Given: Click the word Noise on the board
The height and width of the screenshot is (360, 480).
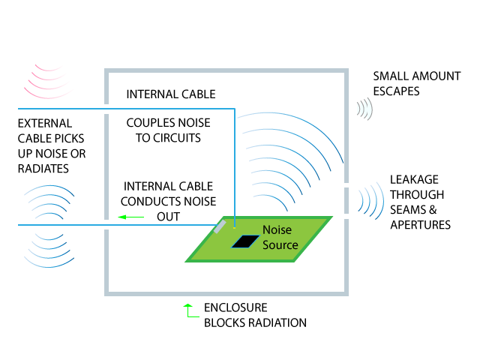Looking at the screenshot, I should (x=277, y=230).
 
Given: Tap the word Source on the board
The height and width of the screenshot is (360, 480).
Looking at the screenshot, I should (x=280, y=245).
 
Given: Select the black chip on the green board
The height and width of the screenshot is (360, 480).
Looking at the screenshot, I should (x=244, y=241).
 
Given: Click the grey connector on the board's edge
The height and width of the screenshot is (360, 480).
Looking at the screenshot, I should (x=220, y=226).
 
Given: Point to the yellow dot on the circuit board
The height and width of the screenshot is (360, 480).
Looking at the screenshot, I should (x=234, y=227).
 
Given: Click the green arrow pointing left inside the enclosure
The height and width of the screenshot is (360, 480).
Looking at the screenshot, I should (x=130, y=217).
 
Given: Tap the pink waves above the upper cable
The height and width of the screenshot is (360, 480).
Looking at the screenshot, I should (x=49, y=82).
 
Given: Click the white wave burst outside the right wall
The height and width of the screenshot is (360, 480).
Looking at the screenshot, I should (x=364, y=109).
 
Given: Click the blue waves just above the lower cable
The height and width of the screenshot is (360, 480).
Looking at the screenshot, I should (x=49, y=202).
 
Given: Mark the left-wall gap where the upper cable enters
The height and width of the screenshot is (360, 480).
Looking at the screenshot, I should (x=106, y=109).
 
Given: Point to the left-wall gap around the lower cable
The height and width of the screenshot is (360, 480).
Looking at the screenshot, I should (x=106, y=224).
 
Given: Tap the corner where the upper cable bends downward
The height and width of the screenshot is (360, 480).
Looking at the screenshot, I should (x=235, y=109).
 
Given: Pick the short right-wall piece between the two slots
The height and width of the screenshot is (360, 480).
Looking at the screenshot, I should (x=346, y=200).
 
